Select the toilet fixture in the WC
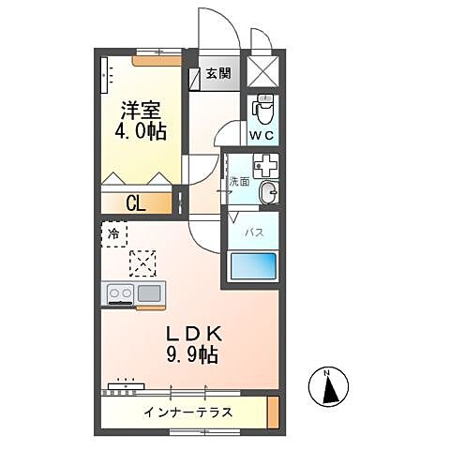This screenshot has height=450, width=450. [x=262, y=111]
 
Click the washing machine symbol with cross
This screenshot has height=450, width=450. [x=263, y=167]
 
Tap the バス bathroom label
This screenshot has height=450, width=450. [x=253, y=230]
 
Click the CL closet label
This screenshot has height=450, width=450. [x=137, y=202]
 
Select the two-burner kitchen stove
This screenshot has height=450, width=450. [x=120, y=292]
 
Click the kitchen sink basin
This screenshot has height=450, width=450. [x=149, y=292]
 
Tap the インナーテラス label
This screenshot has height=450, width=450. [x=188, y=412]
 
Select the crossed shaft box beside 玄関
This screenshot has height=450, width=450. [x=262, y=71]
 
